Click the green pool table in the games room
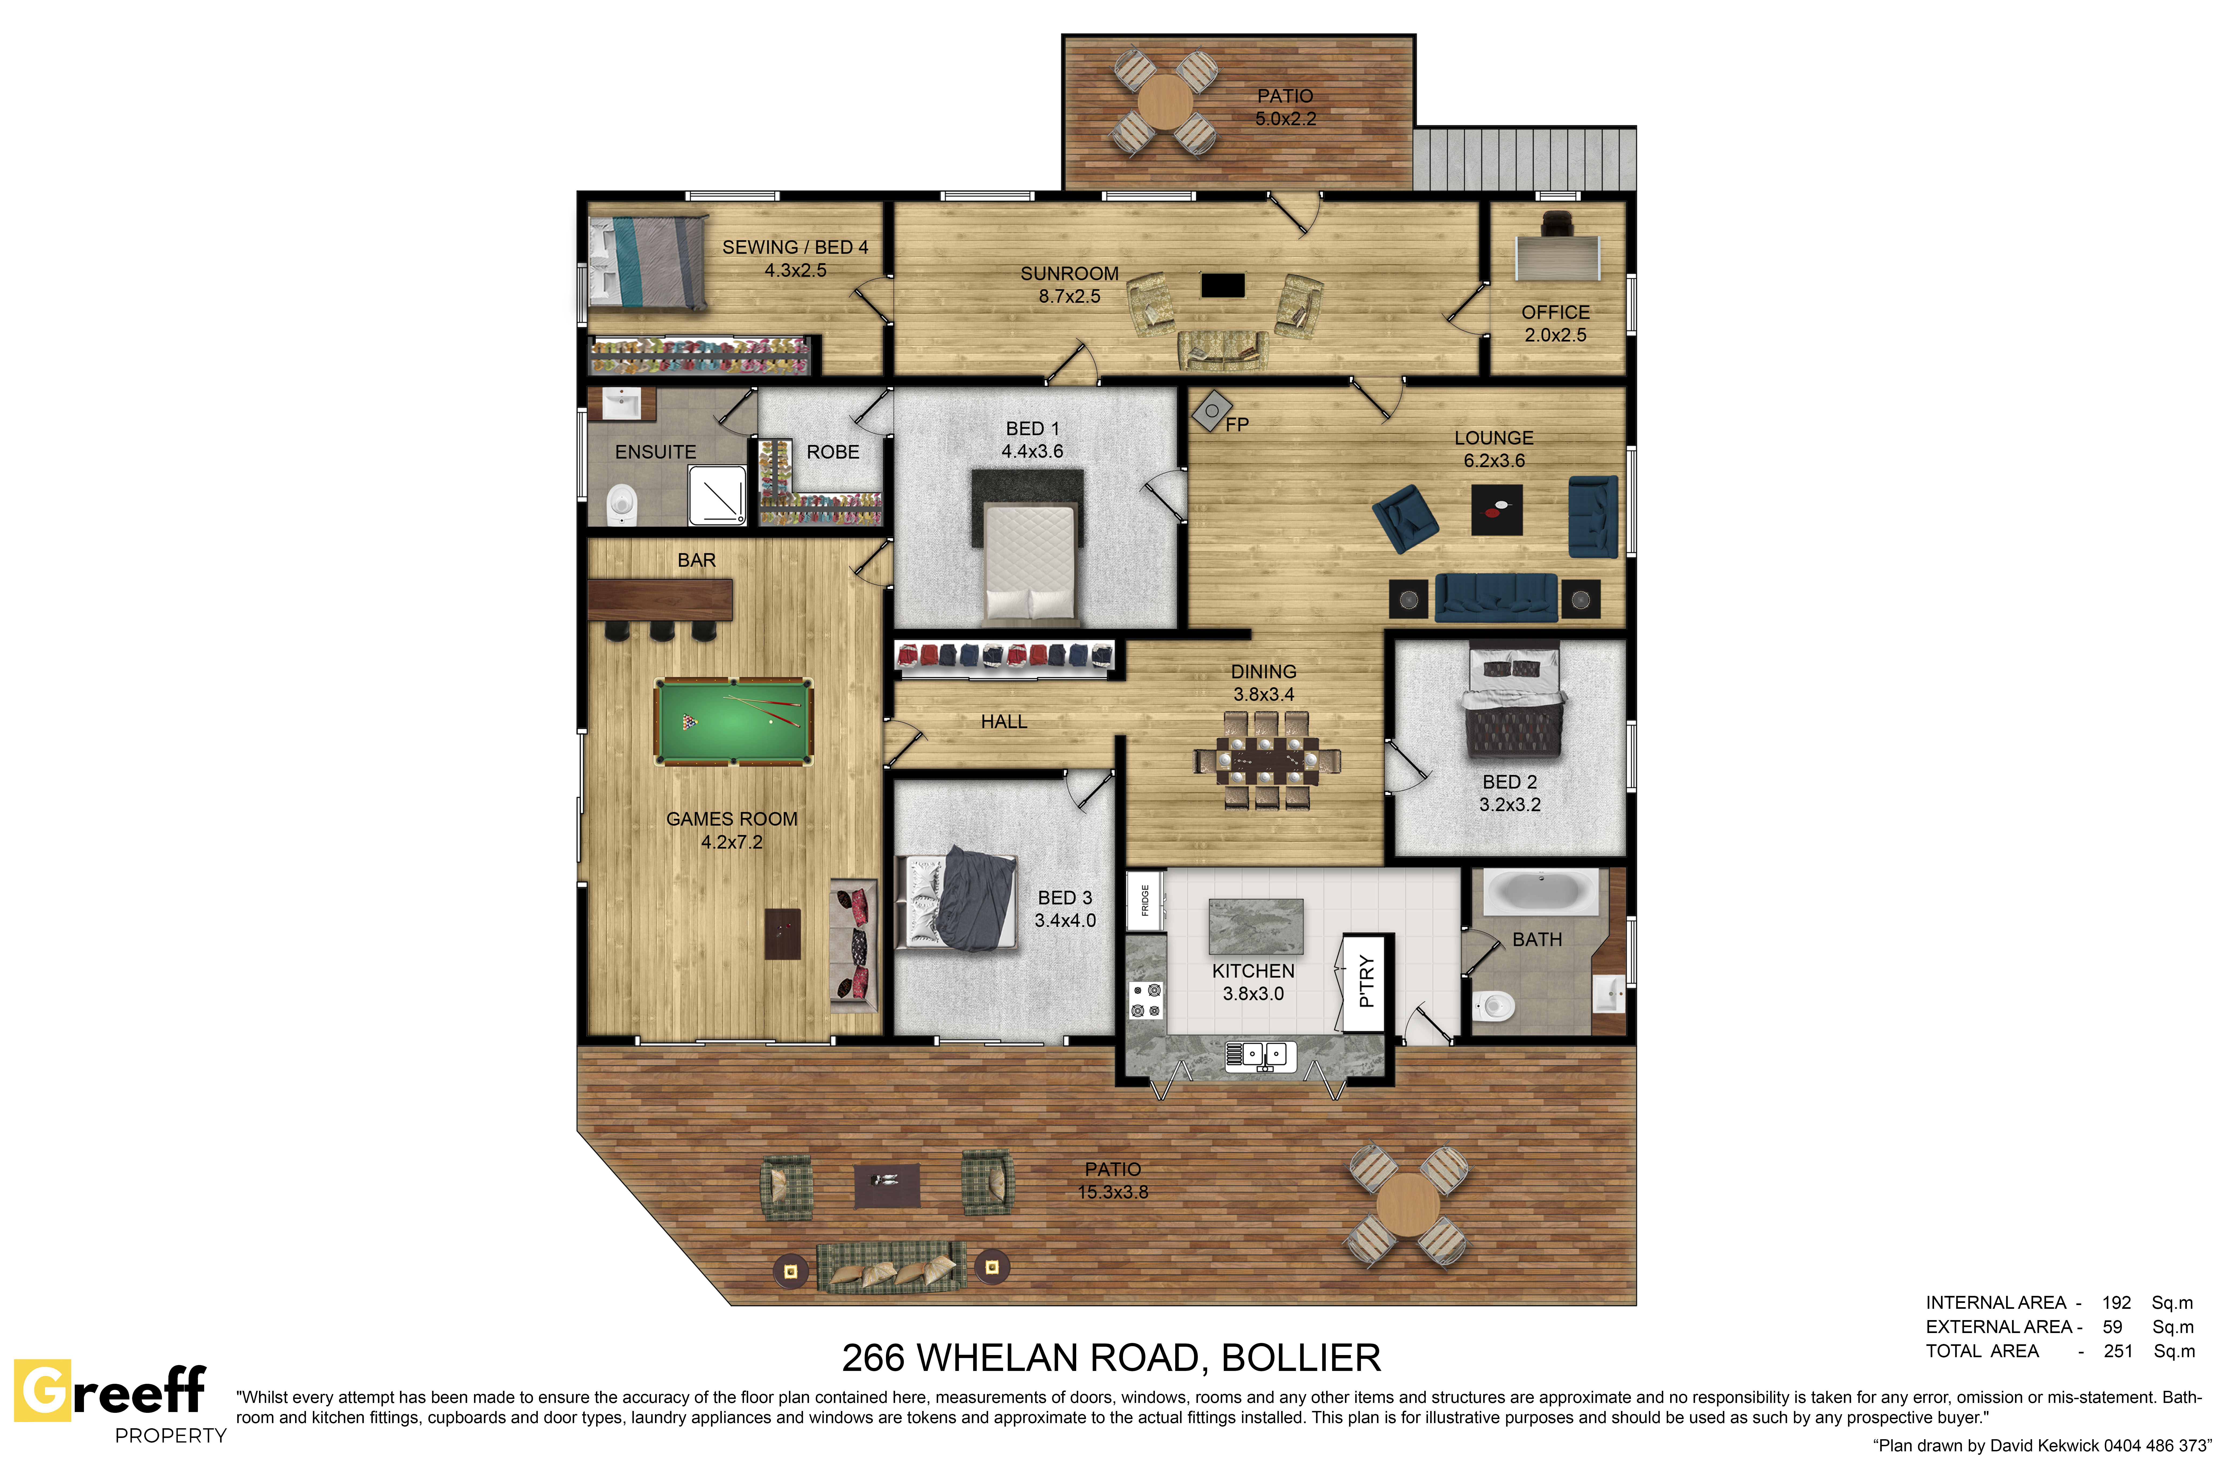coord(734,721)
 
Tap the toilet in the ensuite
coord(621,504)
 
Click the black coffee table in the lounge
coord(1497,509)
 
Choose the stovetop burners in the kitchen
coord(1146,1000)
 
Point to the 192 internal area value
coord(2116,1302)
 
